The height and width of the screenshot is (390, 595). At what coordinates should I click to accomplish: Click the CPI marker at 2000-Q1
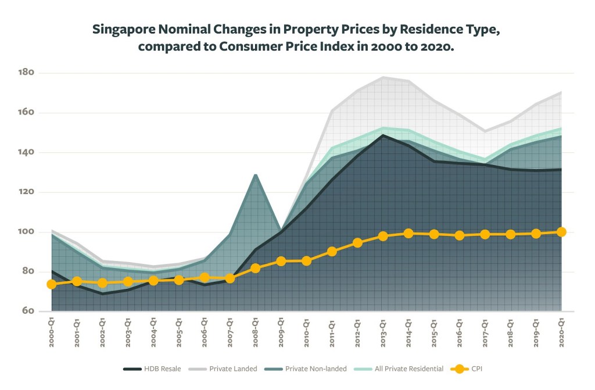(52, 284)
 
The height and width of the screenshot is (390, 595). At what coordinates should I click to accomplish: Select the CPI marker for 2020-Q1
(562, 232)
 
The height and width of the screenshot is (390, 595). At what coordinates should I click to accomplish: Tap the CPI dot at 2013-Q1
(383, 236)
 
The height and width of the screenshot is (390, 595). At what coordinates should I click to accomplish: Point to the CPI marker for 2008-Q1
(256, 269)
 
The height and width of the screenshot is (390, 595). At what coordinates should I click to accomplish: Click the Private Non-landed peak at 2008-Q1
(256, 174)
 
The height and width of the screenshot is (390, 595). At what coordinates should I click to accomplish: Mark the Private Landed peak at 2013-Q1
(383, 77)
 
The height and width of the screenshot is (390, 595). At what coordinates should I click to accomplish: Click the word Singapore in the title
(123, 30)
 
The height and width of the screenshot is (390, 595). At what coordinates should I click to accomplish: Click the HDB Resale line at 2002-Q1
(103, 294)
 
